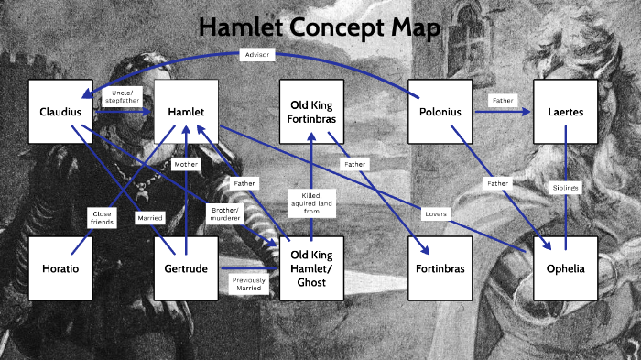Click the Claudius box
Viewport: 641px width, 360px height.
pos(60,112)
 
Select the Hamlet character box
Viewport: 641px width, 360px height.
pos(186,112)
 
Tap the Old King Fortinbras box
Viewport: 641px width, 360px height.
pos(311,112)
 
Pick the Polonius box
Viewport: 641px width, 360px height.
pos(439,112)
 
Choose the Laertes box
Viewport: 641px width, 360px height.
pos(565,112)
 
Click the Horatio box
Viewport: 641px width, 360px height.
pos(60,268)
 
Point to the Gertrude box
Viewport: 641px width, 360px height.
pos(186,268)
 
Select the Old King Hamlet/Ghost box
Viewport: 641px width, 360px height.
pos(311,268)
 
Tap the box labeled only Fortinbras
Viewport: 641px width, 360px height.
pos(439,268)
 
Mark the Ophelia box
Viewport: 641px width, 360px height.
pos(565,268)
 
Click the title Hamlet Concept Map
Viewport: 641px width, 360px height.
pos(320,27)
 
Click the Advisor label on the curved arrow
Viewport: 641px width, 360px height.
pos(255,55)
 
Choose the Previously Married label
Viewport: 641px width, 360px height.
pos(248,284)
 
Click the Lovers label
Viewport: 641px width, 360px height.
pos(436,214)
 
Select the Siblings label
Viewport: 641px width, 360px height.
pos(565,187)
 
